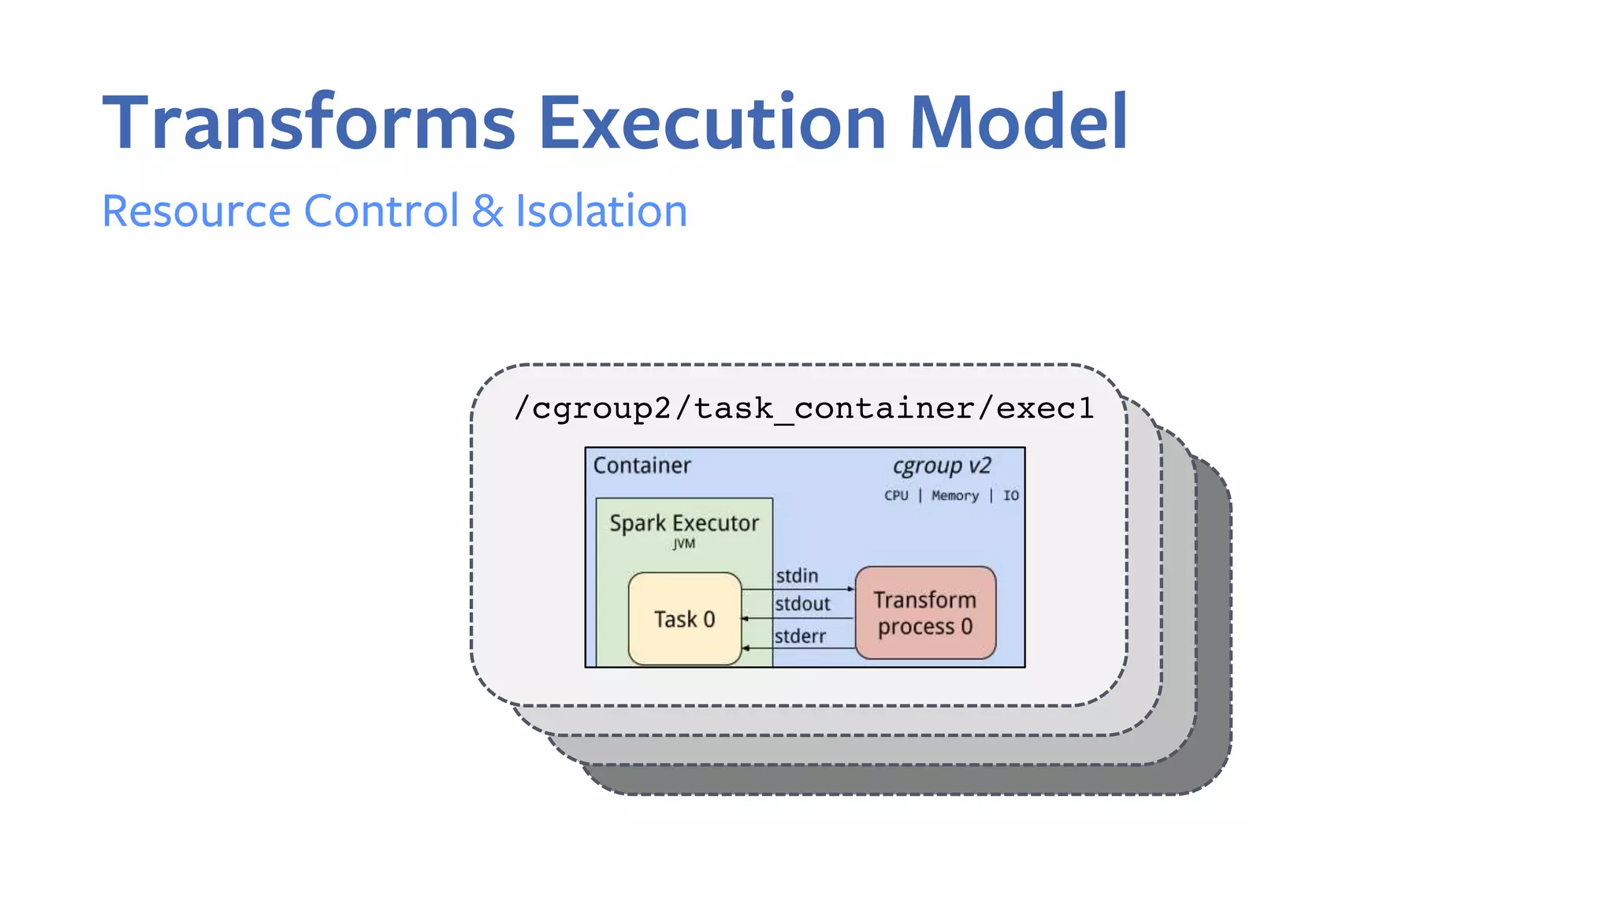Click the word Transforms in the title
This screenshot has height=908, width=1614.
309,123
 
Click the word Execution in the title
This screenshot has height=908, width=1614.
712,123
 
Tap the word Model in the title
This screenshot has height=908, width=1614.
1018,123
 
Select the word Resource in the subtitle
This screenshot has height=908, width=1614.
196,211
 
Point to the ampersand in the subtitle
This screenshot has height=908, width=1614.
487,211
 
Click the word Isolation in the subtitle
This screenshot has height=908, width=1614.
601,211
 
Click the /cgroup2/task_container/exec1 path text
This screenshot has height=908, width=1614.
804,408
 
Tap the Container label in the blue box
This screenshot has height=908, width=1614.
642,465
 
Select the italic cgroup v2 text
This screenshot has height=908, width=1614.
941,466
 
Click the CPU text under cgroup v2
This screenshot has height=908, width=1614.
896,496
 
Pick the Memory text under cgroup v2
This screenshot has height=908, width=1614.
954,496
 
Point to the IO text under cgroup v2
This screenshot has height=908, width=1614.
1010,496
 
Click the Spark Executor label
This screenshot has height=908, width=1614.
683,523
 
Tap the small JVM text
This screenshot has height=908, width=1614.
684,544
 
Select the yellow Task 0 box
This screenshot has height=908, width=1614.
684,619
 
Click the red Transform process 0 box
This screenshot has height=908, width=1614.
925,613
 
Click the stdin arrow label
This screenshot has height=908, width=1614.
797,576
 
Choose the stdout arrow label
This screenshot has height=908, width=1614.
802,605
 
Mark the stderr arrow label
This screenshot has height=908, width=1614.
800,636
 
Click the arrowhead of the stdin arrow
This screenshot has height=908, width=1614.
850,589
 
